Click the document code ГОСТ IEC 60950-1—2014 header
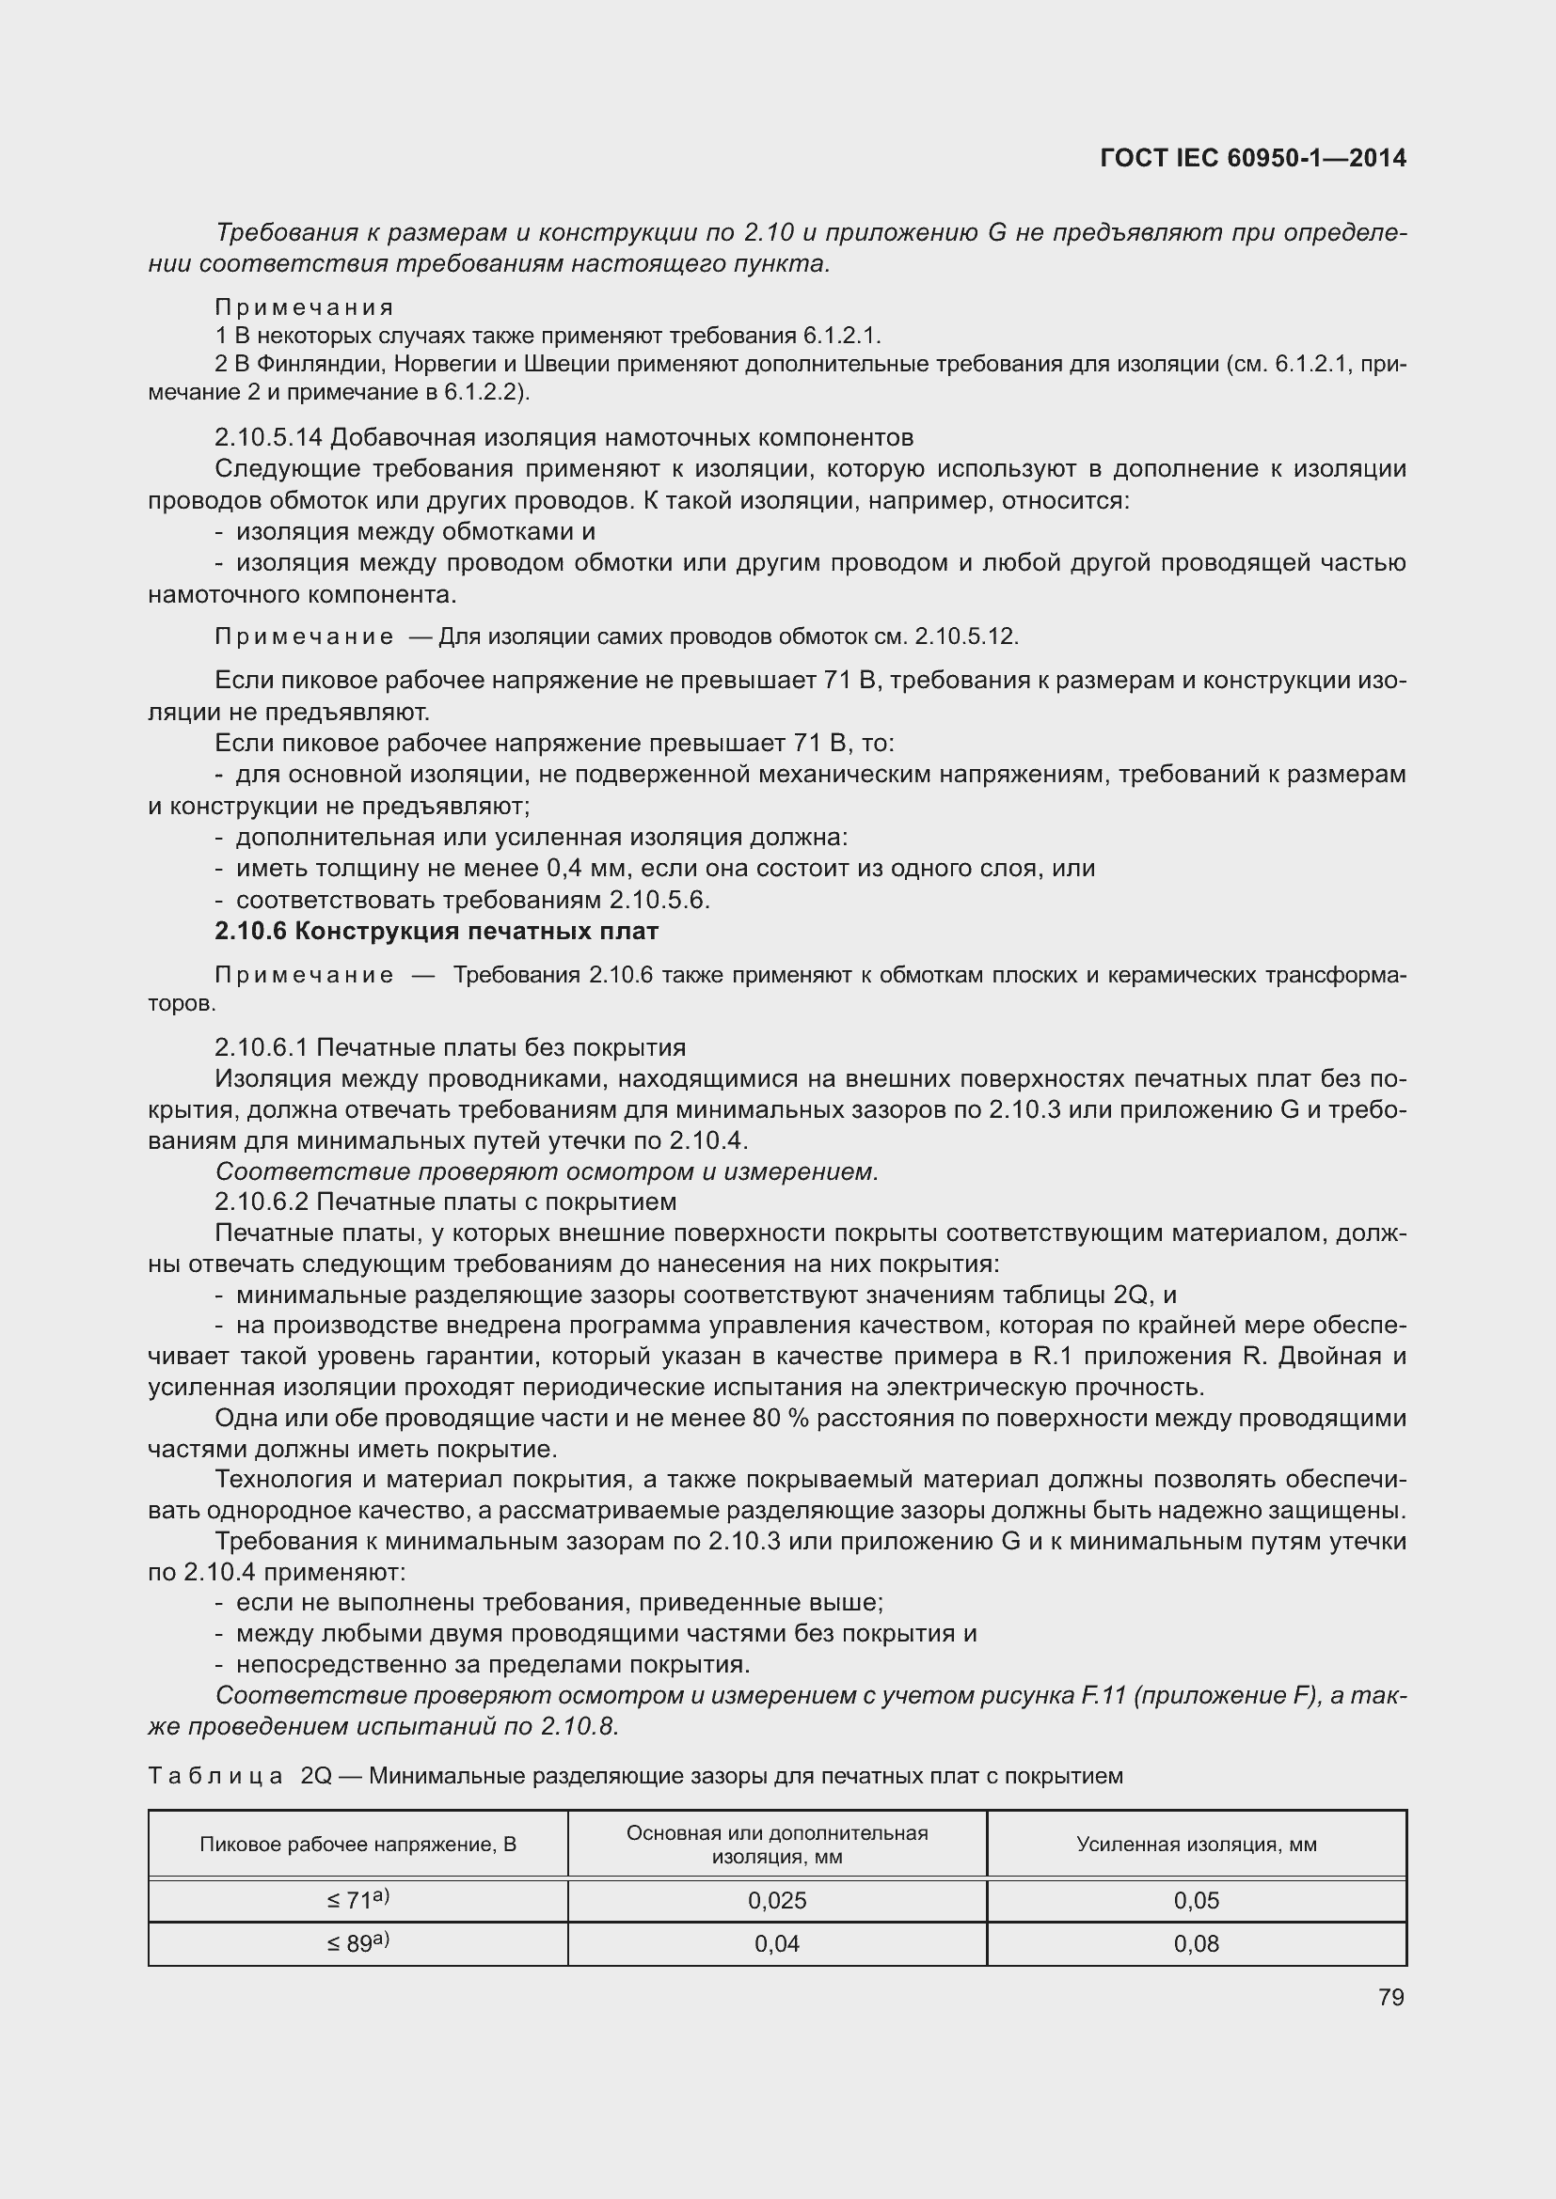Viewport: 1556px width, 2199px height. coord(1253,158)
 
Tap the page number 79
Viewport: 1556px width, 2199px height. coord(1390,1997)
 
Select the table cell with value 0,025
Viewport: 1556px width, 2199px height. coord(777,1900)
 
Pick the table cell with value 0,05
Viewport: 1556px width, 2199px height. coord(1196,1900)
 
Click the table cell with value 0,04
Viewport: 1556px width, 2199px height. coord(777,1943)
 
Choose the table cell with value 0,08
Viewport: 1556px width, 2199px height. coord(1196,1943)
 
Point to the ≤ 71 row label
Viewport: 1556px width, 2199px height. coord(357,1900)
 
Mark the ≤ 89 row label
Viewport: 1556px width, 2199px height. coord(357,1943)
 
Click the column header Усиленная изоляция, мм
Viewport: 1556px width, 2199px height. coord(1196,1845)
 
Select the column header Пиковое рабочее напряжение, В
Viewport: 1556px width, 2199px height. coord(357,1845)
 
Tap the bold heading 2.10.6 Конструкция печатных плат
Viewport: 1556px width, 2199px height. coord(437,931)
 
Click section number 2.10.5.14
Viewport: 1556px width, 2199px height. coord(268,438)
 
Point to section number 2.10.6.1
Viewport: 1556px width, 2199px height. coord(262,1047)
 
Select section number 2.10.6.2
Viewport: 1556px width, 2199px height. coord(262,1202)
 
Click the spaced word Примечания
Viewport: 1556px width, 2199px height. coord(304,307)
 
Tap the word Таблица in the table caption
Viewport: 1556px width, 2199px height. coord(215,1777)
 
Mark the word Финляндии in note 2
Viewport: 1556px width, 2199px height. coord(319,364)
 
